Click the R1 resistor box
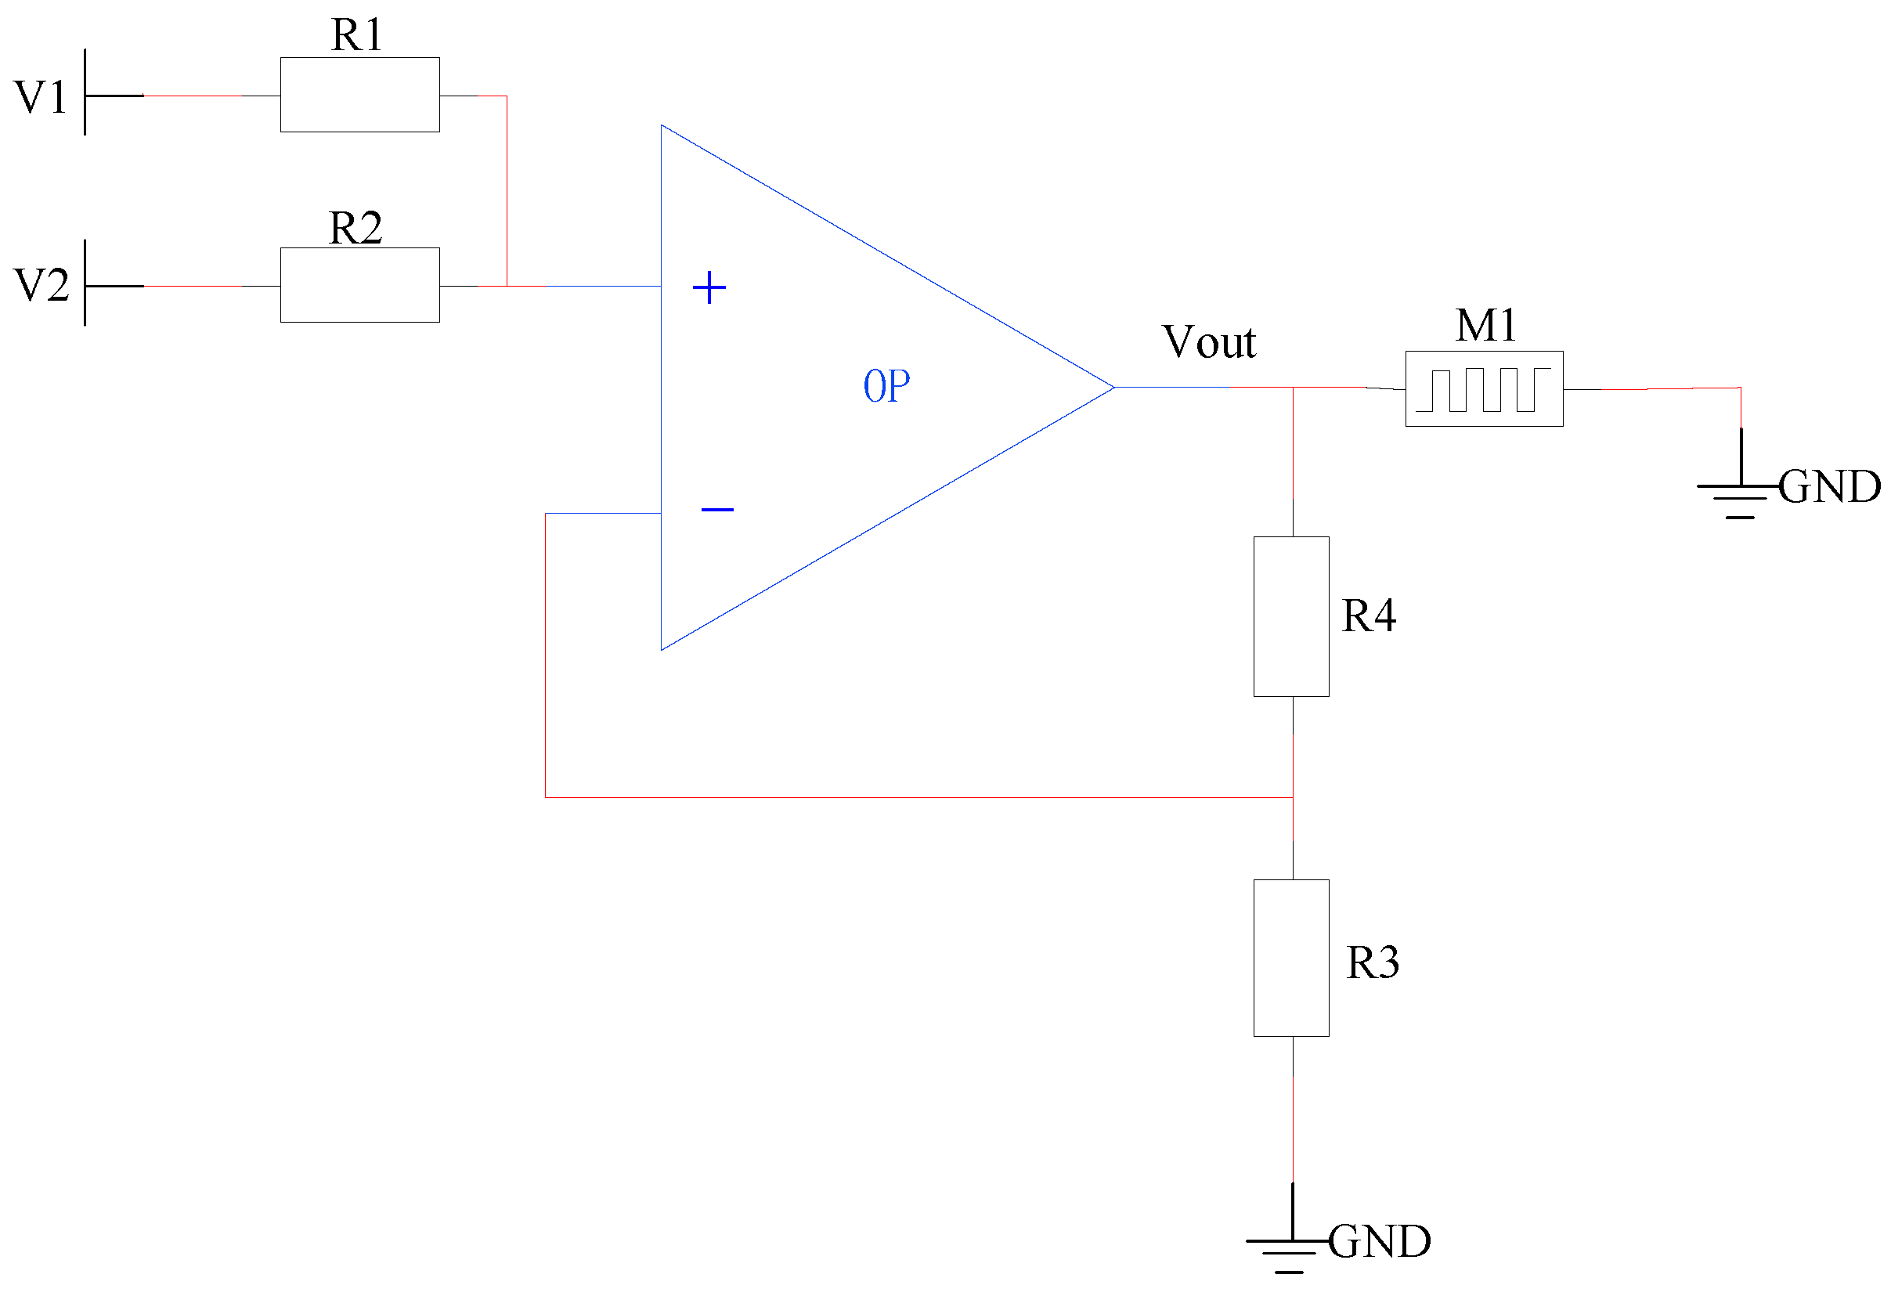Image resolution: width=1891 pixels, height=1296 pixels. pyautogui.click(x=359, y=95)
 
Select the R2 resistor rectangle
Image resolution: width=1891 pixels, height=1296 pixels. pyautogui.click(x=359, y=285)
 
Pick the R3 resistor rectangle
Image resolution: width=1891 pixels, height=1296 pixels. pyautogui.click(x=1290, y=958)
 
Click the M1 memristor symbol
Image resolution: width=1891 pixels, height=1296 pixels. pyautogui.click(x=1483, y=388)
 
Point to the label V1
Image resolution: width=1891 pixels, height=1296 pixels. pyautogui.click(x=41, y=97)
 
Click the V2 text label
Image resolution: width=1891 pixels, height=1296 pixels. pyautogui.click(x=41, y=286)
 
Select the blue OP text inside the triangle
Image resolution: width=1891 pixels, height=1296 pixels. pyautogui.click(x=886, y=385)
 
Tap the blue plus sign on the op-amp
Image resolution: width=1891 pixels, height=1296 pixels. pyautogui.click(x=709, y=288)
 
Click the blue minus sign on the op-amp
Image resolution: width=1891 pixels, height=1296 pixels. pyautogui.click(x=716, y=509)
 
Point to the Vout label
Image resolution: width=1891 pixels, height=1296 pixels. pyautogui.click(x=1208, y=341)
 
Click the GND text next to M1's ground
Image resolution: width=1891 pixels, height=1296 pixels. pyautogui.click(x=1828, y=486)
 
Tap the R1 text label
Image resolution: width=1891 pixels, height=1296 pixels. pyautogui.click(x=356, y=35)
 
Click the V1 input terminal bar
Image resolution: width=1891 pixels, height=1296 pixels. pyautogui.click(x=85, y=92)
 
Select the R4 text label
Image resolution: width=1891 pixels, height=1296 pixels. pyautogui.click(x=1368, y=615)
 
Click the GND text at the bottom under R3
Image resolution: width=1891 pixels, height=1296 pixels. pyautogui.click(x=1378, y=1241)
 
